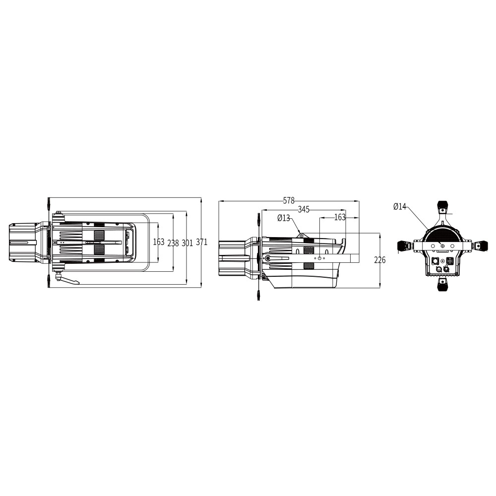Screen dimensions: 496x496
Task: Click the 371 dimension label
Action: point(202,243)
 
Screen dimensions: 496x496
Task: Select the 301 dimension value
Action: point(187,243)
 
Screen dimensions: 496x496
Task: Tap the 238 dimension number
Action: point(173,243)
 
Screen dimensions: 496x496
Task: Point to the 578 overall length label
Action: point(289,200)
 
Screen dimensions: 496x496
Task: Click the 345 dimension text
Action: point(304,209)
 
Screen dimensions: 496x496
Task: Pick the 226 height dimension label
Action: point(380,260)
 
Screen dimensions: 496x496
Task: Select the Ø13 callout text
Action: point(284,218)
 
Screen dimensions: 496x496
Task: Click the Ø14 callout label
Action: point(400,206)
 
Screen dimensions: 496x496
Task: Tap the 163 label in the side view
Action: point(340,217)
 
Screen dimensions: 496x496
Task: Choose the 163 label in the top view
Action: point(159,242)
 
